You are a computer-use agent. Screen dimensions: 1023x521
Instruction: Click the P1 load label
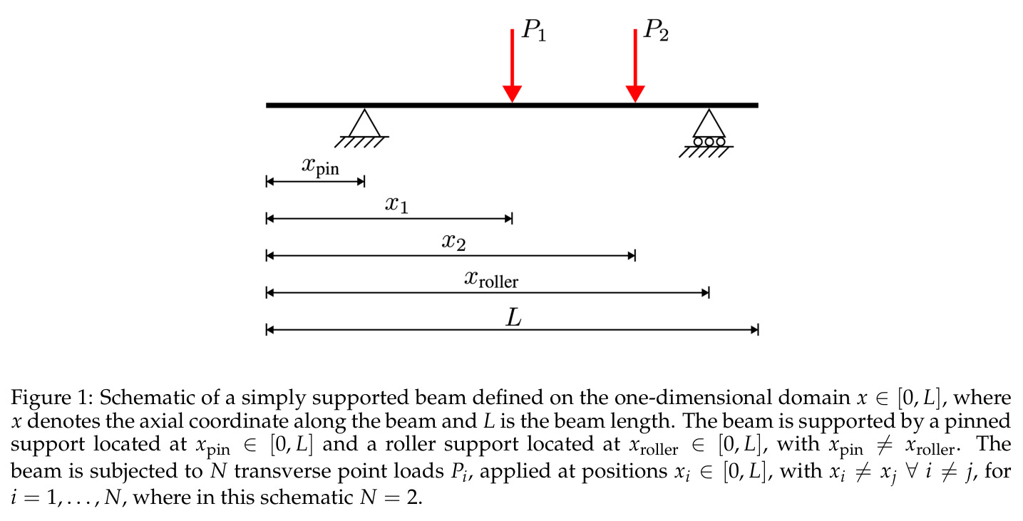(x=534, y=31)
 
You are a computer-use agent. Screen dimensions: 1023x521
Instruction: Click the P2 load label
(x=656, y=31)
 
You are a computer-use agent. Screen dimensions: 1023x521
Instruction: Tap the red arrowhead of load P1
(x=512, y=93)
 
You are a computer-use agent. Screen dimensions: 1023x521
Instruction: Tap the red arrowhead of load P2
(x=634, y=93)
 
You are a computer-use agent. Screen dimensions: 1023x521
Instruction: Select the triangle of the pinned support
(x=364, y=123)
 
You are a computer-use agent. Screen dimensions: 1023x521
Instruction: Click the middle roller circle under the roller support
(x=709, y=142)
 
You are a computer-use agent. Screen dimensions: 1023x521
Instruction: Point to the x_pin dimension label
(x=321, y=166)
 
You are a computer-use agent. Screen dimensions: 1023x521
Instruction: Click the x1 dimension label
(x=396, y=204)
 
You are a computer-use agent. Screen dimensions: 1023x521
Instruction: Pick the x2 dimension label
(x=453, y=242)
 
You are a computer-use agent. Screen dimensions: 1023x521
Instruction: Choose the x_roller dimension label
(x=491, y=279)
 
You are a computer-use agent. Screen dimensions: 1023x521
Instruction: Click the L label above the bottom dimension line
(x=514, y=317)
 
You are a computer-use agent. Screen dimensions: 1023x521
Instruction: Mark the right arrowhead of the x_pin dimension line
(x=361, y=182)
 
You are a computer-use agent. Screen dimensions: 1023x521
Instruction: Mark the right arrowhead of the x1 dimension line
(x=508, y=219)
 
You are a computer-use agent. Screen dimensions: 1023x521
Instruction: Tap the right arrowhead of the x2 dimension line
(x=632, y=256)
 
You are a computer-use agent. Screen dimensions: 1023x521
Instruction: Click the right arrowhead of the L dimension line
(x=754, y=330)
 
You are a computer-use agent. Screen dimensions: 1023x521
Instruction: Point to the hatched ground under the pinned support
(x=361, y=142)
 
